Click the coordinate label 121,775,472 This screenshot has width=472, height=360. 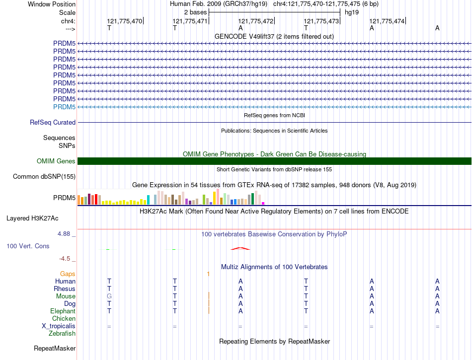coord(256,21)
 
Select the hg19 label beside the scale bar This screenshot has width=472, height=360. coord(352,12)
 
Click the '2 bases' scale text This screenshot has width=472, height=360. coord(195,12)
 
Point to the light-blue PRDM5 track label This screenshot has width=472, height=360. coord(64,107)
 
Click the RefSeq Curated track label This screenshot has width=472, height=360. coord(53,123)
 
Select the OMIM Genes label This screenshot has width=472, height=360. coord(56,161)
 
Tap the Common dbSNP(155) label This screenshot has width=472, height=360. coord(44,176)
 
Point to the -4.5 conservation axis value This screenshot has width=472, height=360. coord(66,259)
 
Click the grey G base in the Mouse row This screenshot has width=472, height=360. coord(109,296)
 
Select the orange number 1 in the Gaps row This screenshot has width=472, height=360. coord(209,274)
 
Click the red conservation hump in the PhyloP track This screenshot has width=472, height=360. coord(239,248)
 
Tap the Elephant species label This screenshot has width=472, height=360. coord(63,311)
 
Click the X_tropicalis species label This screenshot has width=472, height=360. coord(59,326)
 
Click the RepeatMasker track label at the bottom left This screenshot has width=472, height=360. coord(54,349)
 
